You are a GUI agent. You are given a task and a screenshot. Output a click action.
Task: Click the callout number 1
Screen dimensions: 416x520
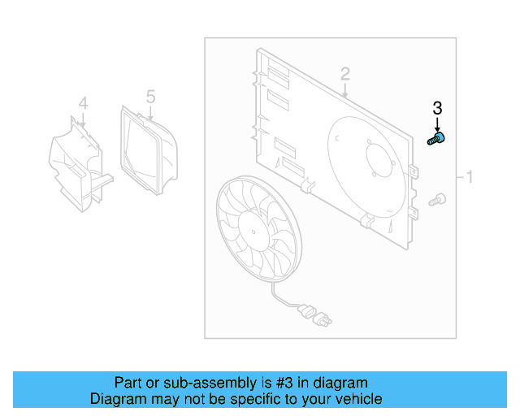coord(469,175)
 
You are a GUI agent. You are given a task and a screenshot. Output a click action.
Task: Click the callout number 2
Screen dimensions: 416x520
coord(345,75)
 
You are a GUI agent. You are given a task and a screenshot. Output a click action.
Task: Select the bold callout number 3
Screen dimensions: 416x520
coord(437,108)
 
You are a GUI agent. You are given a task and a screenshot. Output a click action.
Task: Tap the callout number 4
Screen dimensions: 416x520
coord(82,103)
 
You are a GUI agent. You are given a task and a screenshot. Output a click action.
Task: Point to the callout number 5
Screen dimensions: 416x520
coord(150,97)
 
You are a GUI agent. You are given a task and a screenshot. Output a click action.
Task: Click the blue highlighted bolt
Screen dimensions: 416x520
coord(436,141)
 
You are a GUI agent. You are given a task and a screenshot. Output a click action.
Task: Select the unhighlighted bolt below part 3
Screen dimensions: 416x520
coord(436,197)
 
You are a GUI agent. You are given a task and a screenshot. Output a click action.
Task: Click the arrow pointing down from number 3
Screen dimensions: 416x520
coord(437,124)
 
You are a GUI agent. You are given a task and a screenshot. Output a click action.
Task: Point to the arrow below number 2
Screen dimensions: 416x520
coord(346,90)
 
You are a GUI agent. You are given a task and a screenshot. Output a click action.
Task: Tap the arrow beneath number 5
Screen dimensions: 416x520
coord(151,114)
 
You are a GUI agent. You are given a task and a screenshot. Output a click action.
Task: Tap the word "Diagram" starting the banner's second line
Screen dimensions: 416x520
coord(118,399)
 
